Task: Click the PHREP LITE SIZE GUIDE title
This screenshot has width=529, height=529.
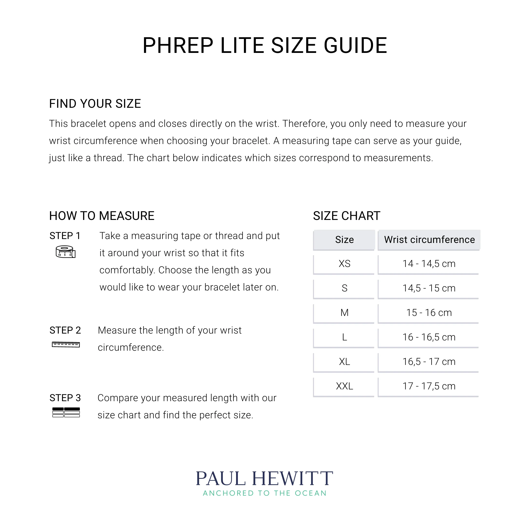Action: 264,46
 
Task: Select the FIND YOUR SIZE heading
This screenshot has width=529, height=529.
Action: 95,104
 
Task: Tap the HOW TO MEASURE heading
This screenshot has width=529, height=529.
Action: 102,216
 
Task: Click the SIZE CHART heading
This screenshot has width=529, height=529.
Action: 346,216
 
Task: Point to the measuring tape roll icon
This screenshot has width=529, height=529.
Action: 65,252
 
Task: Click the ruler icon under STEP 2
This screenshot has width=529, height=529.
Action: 66,344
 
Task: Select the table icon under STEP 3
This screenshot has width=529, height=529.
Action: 66,412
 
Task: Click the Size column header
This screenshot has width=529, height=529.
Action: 344,240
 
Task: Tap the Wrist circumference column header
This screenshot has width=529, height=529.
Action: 429,240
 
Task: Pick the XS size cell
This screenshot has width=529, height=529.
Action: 344,264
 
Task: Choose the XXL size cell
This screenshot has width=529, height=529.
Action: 344,386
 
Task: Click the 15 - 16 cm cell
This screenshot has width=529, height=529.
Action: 429,313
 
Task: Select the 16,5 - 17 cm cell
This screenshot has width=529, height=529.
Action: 429,362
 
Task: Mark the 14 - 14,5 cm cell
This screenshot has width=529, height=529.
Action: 429,264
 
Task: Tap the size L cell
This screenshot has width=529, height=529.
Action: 344,337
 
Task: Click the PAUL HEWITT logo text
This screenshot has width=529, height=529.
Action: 264,479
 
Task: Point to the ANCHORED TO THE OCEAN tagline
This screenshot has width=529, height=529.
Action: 264,493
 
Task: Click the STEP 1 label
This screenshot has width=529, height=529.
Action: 65,236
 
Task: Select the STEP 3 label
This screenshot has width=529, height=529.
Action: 65,398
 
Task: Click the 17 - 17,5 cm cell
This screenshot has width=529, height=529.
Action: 429,386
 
